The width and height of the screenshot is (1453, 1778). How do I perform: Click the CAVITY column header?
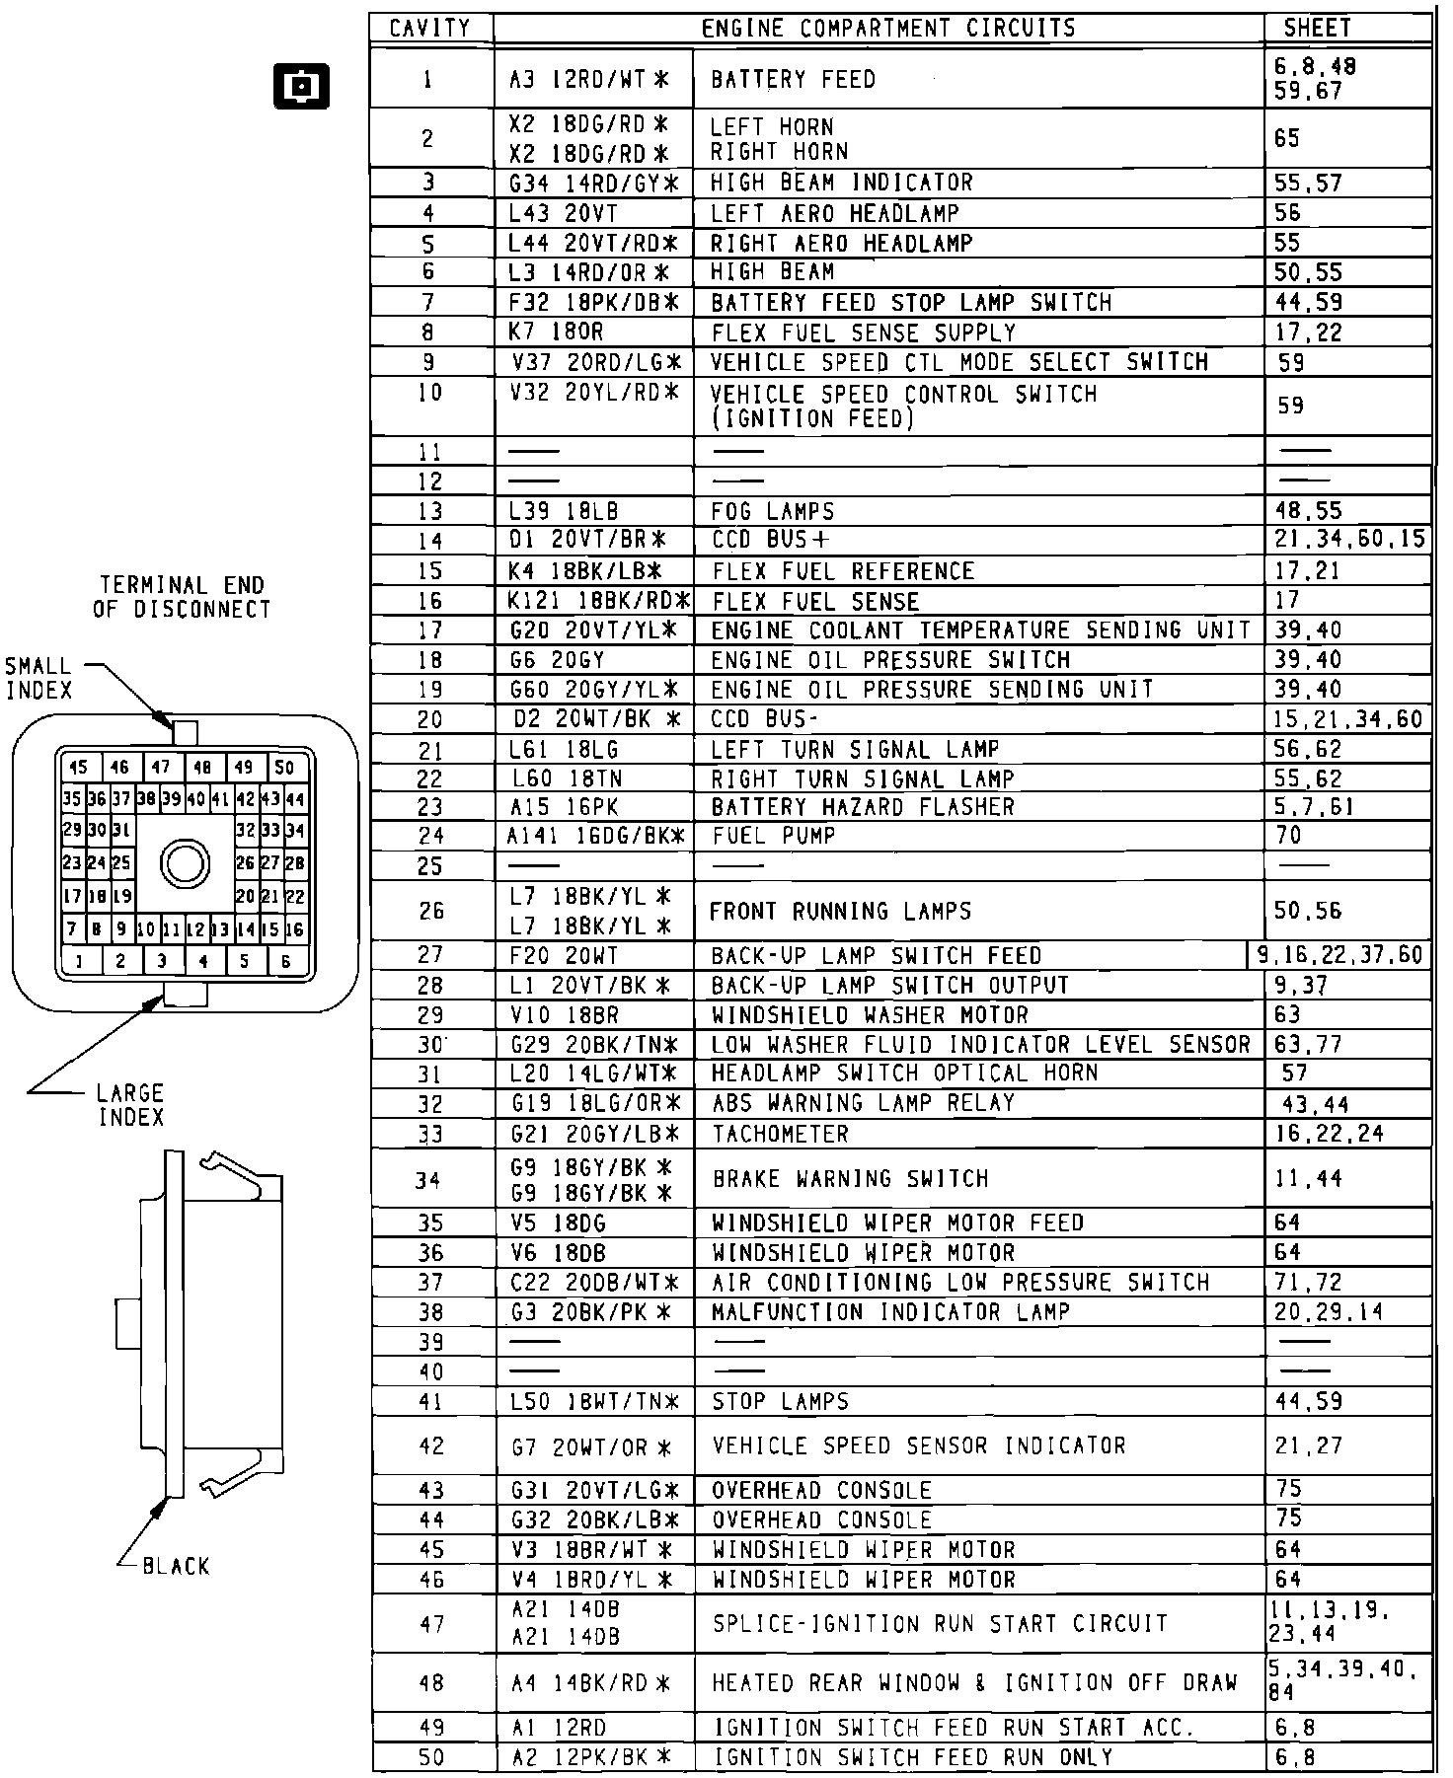pos(430,29)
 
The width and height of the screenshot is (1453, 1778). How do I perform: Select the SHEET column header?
pos(1317,29)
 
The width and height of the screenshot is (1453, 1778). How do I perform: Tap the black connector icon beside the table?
pos(300,88)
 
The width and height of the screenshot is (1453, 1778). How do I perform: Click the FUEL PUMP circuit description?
pos(773,837)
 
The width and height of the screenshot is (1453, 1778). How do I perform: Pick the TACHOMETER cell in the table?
pos(780,1135)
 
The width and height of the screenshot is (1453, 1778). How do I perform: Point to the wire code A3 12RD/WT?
pos(589,80)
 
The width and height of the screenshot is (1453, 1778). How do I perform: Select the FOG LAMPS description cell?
pos(772,512)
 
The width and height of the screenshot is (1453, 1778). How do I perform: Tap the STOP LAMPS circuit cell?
pos(780,1402)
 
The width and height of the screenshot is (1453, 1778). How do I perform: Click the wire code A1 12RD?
pos(559,1728)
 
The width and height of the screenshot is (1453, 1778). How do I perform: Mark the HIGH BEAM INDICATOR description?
pos(841,183)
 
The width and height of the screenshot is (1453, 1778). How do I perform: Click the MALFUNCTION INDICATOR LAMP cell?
pos(890,1312)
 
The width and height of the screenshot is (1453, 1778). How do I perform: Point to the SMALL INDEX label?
pos(39,679)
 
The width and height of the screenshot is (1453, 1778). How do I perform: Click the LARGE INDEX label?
pos(130,1105)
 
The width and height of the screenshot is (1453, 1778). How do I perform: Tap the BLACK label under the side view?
pos(176,1566)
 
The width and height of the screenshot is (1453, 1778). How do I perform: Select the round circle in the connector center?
pos(185,864)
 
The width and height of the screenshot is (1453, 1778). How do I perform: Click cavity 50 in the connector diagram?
pos(284,768)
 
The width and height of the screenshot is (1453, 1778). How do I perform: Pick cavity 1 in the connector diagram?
pos(79,961)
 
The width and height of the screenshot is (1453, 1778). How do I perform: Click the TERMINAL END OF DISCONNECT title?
pos(183,597)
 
